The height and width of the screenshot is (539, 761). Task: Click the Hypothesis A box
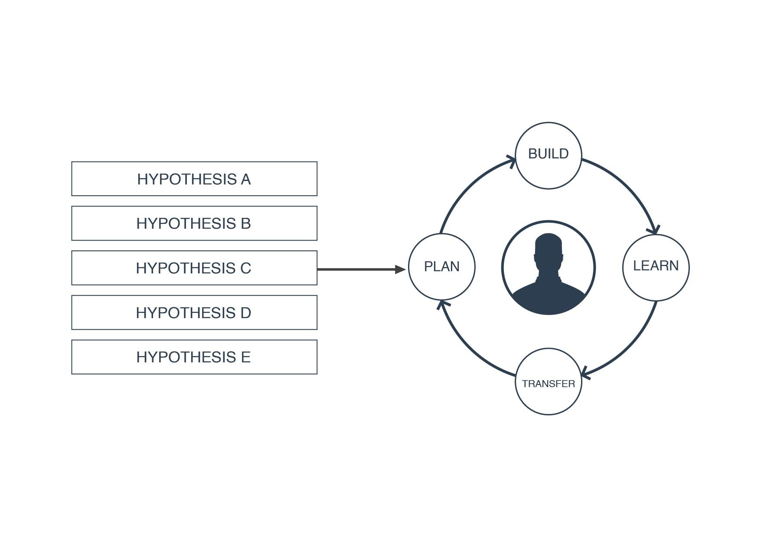point(194,179)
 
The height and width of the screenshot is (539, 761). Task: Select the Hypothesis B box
point(194,223)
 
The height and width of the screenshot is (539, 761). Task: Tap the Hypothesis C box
point(194,268)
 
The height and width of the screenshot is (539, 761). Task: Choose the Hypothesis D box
point(194,312)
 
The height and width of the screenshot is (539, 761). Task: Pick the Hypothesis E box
point(194,357)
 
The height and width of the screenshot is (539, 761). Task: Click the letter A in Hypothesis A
point(246,179)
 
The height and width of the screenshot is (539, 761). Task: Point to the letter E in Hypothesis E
point(245,357)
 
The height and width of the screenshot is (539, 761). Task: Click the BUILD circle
point(548,156)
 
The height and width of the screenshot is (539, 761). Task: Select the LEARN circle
point(656,267)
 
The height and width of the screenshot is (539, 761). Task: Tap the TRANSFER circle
point(548,381)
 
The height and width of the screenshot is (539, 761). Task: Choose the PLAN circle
point(441,267)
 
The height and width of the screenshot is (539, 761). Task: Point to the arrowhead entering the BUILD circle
point(512,161)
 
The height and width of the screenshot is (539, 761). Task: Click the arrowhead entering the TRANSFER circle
point(585,373)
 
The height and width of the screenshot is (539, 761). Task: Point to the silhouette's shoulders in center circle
point(549,295)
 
